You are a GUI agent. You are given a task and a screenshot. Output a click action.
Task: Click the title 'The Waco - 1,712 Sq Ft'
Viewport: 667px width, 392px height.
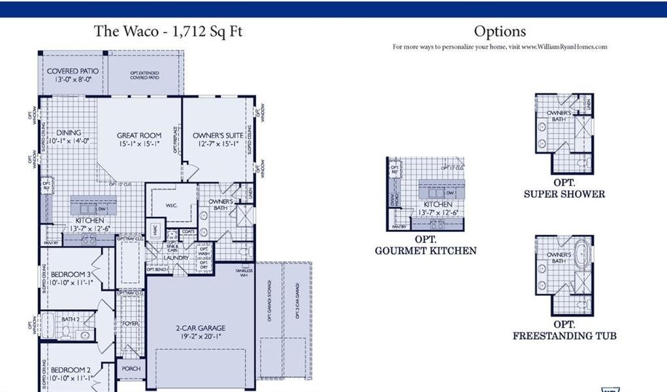point(168,31)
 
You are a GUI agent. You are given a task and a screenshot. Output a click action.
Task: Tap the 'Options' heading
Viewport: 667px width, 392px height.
point(500,31)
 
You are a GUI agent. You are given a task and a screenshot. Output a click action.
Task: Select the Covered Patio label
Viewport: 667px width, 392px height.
point(73,71)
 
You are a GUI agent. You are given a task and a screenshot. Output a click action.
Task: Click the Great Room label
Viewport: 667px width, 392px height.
point(139,135)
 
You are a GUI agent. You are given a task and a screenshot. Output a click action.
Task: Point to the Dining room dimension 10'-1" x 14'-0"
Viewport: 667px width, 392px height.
point(69,140)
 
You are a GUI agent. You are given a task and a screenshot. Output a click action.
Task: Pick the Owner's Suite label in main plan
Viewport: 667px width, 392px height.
point(214,135)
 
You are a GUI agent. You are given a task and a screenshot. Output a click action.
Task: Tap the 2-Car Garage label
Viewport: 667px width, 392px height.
point(200,328)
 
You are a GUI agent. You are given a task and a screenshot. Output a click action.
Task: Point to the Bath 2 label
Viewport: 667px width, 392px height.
point(70,319)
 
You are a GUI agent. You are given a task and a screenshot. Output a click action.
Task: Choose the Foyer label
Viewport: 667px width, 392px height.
point(131,323)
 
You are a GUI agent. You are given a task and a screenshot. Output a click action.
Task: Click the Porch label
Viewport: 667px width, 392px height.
point(131,368)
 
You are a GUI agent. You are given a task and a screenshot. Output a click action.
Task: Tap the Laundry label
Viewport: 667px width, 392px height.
point(176,257)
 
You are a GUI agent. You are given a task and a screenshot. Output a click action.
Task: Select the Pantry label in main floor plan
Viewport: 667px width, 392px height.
point(51,244)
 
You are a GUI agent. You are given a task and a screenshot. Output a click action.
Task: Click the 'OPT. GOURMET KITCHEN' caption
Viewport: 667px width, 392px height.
point(425,246)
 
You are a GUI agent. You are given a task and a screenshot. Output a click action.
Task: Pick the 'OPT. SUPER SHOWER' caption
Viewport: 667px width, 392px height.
point(564,189)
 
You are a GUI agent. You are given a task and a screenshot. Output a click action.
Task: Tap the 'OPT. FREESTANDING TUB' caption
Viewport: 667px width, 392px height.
point(564,331)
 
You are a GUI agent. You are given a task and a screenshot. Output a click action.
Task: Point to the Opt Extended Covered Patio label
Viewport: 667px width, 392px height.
point(144,76)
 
